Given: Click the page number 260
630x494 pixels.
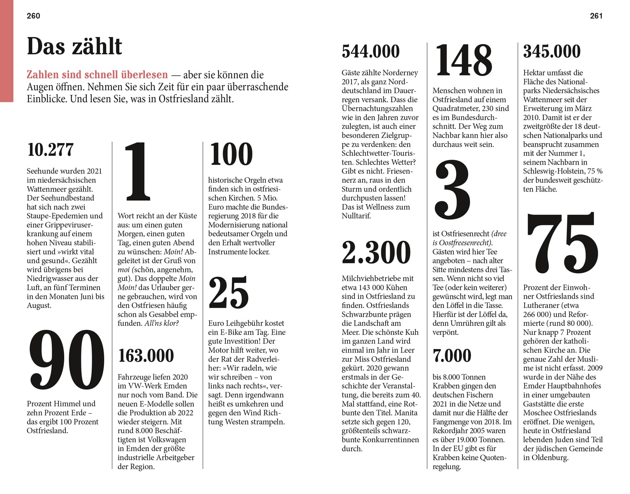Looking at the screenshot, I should pos(33,16).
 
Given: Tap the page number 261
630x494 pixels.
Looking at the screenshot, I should pos(596,16).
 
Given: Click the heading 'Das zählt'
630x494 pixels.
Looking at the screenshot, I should pos(74,46).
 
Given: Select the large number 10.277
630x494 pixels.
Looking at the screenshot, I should pos(50,150).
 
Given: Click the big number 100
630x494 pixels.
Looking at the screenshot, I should pos(231,154).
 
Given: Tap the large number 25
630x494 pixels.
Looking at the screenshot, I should pos(228,293).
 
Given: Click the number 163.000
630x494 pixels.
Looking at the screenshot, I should pos(146,356).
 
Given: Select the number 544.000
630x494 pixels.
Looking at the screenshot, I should pos(370,52).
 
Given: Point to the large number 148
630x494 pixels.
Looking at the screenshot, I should pos(463,60).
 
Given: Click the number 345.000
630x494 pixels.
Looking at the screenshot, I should pos(551,52).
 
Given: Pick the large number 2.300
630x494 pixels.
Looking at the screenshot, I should pos(376,252).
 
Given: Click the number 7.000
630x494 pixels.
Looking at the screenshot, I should pos(452,356).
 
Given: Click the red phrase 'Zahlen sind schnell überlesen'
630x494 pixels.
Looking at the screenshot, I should pos(97,75).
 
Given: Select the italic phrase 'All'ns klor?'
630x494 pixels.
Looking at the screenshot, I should pos(162,323).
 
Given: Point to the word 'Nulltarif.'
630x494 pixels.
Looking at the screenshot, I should pos(356,216).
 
